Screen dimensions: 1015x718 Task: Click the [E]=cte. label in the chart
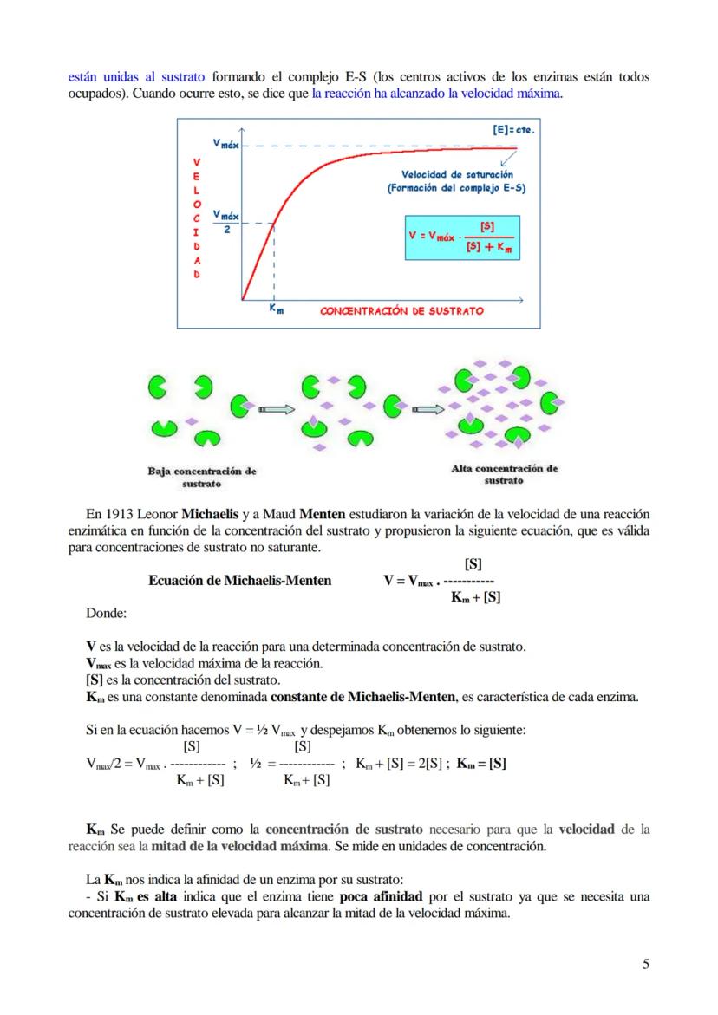coord(512,130)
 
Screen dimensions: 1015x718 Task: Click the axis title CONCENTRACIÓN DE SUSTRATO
coord(402,310)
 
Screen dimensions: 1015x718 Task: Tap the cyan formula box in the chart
coord(460,237)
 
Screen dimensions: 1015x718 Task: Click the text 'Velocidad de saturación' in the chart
coord(458,174)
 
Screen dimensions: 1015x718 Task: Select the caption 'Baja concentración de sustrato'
coord(202,477)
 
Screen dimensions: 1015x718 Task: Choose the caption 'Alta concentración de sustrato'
coord(505,474)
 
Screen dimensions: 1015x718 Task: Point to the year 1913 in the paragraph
coord(118,515)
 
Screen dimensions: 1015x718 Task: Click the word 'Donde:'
coord(106,613)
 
